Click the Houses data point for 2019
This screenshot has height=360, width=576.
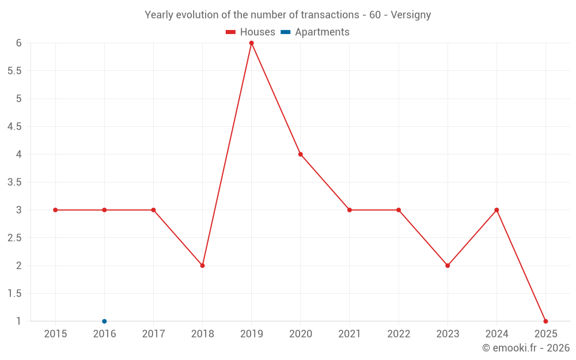tap(251, 43)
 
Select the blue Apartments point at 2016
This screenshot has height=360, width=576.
tap(104, 321)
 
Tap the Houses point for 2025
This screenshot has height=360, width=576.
tap(545, 321)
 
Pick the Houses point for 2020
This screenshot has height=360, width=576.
tap(301, 154)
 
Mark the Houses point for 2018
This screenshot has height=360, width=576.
tap(202, 266)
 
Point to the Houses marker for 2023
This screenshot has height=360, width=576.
tap(448, 266)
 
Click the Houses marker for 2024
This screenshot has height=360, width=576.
tap(497, 210)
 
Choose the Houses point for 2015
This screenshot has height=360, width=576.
tap(55, 210)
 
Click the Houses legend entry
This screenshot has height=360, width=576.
tap(251, 32)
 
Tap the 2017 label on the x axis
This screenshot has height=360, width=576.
tap(153, 334)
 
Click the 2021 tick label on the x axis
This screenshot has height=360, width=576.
tap(350, 334)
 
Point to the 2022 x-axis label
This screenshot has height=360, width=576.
tap(399, 334)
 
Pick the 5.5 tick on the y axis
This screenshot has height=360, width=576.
tap(14, 71)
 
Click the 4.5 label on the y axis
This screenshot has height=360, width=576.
tap(14, 127)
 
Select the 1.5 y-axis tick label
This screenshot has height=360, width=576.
tap(14, 294)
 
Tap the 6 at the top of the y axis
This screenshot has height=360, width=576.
tap(18, 43)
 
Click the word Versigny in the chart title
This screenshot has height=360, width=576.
tap(411, 15)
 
